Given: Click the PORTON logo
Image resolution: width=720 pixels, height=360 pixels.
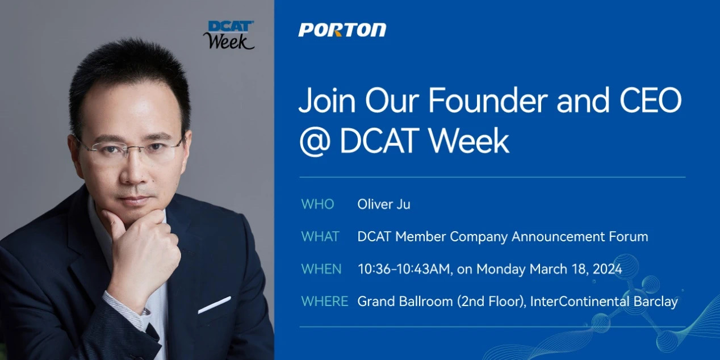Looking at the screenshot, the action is point(342,30).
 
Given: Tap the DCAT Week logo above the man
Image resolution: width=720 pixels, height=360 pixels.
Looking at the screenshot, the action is point(229,35).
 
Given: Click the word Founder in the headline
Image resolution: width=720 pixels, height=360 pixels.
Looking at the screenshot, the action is point(488,100).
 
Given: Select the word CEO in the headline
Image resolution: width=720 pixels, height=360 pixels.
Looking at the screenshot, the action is point(651,100).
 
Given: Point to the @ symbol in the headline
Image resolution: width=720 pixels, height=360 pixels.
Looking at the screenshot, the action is point(315,141).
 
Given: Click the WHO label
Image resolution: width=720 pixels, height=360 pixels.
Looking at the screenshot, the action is point(318,204).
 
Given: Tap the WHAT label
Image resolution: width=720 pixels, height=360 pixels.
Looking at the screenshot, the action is point(320,237).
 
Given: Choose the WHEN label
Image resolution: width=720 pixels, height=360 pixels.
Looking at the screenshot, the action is point(321,269).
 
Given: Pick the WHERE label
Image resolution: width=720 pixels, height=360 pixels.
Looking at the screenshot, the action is point(325,302).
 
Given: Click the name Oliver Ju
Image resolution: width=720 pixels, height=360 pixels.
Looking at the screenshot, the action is point(384,204).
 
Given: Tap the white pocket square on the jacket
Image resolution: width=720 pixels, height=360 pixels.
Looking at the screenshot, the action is point(215,305).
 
